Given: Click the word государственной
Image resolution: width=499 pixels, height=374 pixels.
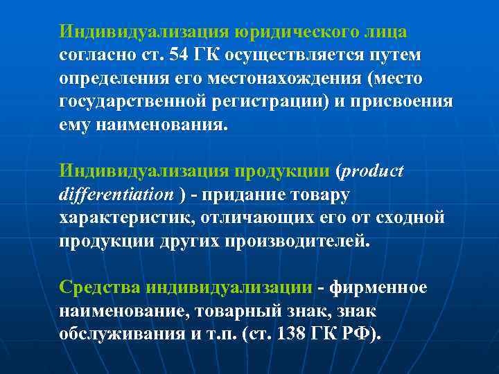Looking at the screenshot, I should click(132, 102).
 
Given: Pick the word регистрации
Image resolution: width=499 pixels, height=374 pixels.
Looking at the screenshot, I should click(257, 102).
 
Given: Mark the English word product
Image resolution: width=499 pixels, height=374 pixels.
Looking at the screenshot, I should click(374, 171).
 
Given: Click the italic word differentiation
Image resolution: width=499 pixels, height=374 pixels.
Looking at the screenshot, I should click(116, 195).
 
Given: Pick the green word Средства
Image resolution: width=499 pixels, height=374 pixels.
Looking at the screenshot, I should click(102, 287).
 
